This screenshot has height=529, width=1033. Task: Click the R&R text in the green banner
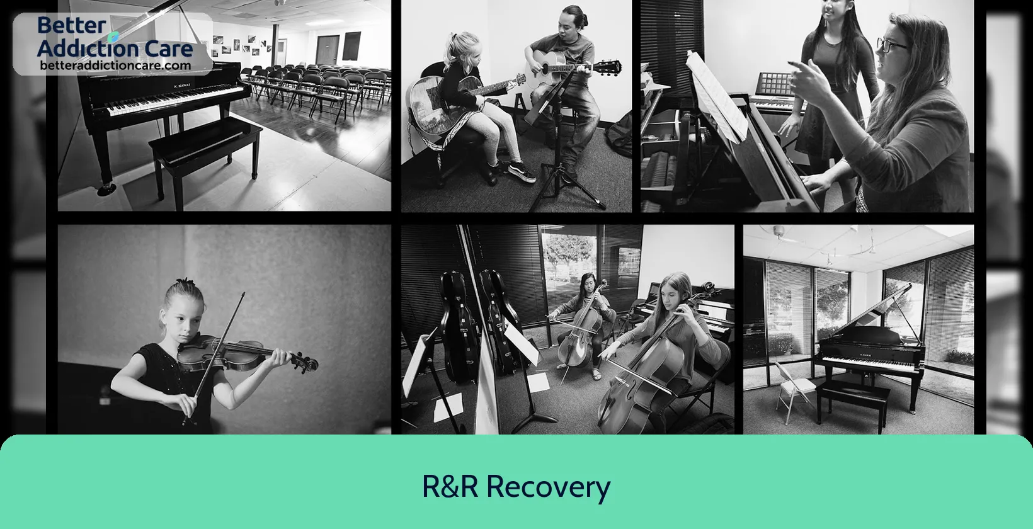[x=450, y=486]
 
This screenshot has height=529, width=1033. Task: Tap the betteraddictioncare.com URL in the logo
[x=115, y=65]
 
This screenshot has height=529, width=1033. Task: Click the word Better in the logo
[x=71, y=25]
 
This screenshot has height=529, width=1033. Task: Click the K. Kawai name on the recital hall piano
[x=181, y=86]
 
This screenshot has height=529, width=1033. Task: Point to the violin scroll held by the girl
[x=307, y=363]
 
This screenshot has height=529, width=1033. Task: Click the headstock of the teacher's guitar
[x=608, y=67]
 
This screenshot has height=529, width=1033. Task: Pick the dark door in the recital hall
[x=328, y=50]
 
